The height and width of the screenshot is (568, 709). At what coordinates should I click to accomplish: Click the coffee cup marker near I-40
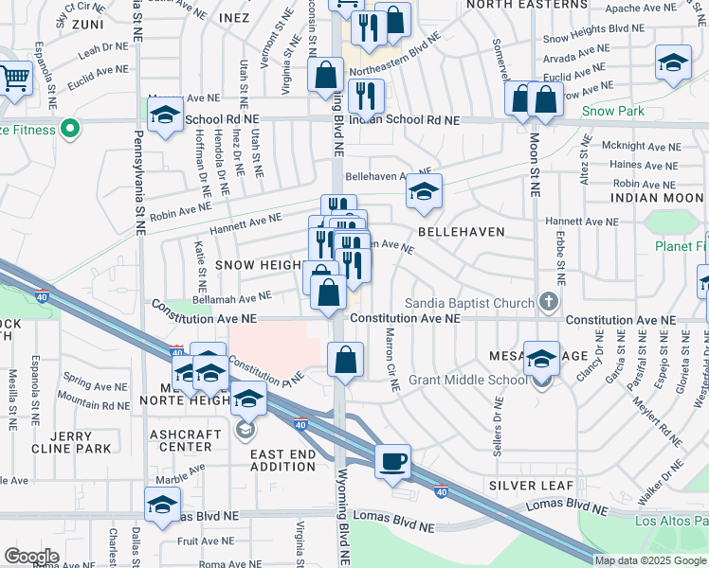click(x=393, y=462)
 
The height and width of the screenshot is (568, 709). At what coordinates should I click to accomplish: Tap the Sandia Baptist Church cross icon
click(x=547, y=303)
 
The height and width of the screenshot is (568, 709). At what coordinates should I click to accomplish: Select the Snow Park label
click(x=612, y=111)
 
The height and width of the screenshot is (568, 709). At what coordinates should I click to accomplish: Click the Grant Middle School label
click(x=467, y=381)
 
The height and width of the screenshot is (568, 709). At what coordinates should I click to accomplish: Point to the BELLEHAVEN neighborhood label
click(x=460, y=231)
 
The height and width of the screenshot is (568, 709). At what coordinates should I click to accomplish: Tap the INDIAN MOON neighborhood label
click(x=657, y=198)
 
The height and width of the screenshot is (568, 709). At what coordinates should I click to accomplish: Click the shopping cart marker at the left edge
click(x=15, y=78)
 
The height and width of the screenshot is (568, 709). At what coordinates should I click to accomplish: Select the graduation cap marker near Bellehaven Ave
click(x=425, y=191)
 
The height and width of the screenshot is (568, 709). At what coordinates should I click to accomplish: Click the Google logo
click(x=31, y=556)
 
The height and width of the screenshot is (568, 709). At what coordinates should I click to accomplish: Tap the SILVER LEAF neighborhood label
click(x=531, y=486)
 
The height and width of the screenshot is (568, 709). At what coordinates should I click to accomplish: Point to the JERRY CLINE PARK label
click(x=72, y=441)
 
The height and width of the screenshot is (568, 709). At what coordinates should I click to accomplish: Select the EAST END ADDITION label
click(x=282, y=461)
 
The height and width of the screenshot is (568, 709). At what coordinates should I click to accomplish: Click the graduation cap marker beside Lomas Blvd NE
click(x=162, y=505)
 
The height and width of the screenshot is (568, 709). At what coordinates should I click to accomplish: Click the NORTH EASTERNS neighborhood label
click(x=521, y=4)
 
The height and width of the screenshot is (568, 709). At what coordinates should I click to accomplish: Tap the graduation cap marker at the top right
click(x=673, y=63)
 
